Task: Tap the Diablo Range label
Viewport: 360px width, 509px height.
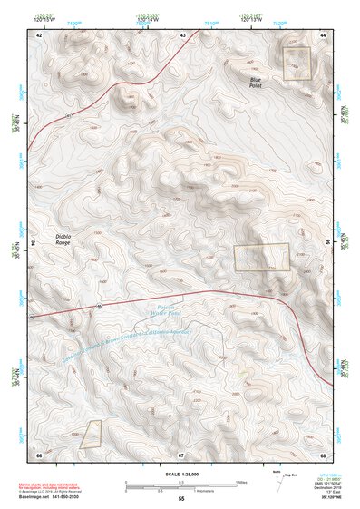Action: (x=62, y=240)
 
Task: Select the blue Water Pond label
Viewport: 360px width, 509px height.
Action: (x=160, y=312)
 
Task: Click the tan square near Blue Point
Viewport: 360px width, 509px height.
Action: (x=297, y=64)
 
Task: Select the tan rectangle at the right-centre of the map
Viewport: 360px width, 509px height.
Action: (x=262, y=258)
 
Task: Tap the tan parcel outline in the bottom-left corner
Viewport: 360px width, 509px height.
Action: (x=90, y=435)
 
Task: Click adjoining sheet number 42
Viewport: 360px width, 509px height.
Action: (x=39, y=34)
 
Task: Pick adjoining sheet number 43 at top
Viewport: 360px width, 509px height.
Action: (x=182, y=34)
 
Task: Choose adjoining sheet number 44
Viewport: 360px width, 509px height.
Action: (x=323, y=34)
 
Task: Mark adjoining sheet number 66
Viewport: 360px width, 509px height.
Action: (x=39, y=454)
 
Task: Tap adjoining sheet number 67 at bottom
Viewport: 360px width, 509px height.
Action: (x=181, y=454)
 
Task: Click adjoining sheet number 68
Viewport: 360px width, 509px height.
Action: (x=323, y=454)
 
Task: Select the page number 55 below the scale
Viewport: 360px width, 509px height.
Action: (x=181, y=499)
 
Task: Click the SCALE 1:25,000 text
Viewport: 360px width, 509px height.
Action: (x=181, y=474)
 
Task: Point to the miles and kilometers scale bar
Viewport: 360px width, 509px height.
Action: (x=181, y=485)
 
